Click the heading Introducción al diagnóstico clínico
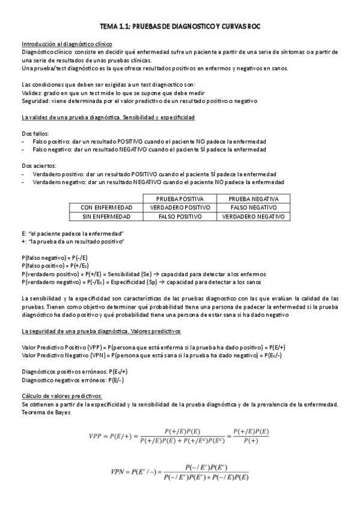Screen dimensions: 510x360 tap(67, 44)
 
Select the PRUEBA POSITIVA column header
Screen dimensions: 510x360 tap(179, 199)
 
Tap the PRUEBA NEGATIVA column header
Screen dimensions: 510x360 tap(253, 199)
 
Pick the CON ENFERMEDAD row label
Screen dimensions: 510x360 tap(106, 207)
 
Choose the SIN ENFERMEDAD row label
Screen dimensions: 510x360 tap(106, 215)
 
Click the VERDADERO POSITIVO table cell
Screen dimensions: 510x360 tap(179, 207)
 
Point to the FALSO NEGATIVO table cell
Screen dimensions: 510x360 tap(253, 207)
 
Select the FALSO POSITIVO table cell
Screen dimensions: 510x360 tap(179, 215)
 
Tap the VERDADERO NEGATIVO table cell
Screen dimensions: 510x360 tap(253, 215)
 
